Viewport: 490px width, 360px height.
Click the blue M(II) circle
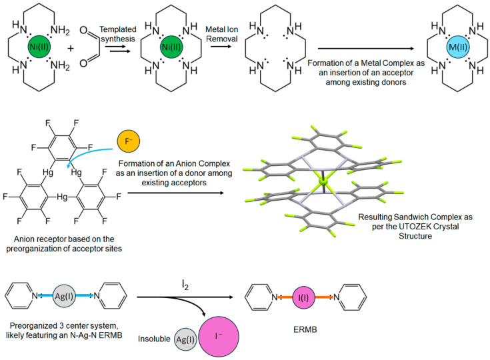(x=458, y=47)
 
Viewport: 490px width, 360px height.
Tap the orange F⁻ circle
(x=128, y=141)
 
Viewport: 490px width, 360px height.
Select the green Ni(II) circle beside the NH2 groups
(x=39, y=47)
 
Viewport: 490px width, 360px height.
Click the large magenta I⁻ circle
(x=219, y=336)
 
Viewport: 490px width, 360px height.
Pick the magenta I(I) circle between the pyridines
(x=303, y=297)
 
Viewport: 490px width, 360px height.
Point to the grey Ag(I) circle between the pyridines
(x=64, y=295)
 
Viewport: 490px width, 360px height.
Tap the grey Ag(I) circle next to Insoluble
(x=185, y=339)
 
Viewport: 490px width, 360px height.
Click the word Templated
(x=118, y=29)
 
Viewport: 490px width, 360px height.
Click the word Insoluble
(x=154, y=339)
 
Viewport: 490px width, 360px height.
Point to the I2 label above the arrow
(x=185, y=285)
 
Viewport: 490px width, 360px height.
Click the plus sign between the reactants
(x=71, y=49)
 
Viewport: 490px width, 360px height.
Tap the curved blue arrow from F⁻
(x=87, y=154)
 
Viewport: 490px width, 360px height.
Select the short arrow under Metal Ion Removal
(x=221, y=46)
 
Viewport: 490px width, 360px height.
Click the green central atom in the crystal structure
(x=323, y=181)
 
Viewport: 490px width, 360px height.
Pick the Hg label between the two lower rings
(x=62, y=197)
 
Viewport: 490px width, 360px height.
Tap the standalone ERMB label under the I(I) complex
(x=305, y=329)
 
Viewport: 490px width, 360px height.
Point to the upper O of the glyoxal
(x=83, y=30)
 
